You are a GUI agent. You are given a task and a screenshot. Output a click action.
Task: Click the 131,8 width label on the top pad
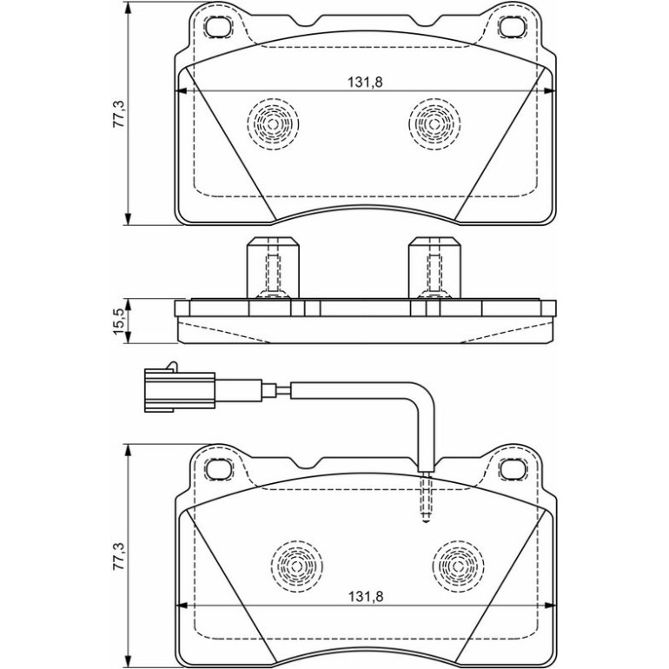coord(365,82)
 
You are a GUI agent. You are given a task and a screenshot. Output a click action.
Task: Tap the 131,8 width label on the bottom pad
coord(366,596)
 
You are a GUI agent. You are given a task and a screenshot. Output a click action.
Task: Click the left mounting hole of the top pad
coord(217,28)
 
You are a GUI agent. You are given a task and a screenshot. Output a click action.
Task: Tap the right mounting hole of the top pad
coord(512,28)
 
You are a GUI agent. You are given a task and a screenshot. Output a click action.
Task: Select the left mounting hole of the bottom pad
coord(217,469)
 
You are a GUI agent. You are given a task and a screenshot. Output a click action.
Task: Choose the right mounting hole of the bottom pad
coord(512,469)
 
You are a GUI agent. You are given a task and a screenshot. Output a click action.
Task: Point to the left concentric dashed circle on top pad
coord(273,123)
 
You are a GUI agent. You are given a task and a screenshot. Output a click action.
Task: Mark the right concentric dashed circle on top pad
coord(434,123)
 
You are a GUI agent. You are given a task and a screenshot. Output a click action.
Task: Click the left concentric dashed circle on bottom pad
coord(296,566)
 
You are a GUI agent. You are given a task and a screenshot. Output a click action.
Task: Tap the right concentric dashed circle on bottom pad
coord(458,566)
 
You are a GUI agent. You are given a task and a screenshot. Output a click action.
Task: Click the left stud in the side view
coord(273,268)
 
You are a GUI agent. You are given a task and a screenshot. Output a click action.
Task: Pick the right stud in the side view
coord(434,268)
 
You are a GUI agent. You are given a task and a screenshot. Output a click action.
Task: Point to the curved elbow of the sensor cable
coord(423,394)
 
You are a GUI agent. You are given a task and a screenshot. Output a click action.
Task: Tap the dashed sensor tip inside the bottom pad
coord(426,498)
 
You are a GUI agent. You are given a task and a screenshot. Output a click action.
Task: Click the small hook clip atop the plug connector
coord(171,366)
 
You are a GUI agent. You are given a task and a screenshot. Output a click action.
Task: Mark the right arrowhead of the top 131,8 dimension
coord(550,90)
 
